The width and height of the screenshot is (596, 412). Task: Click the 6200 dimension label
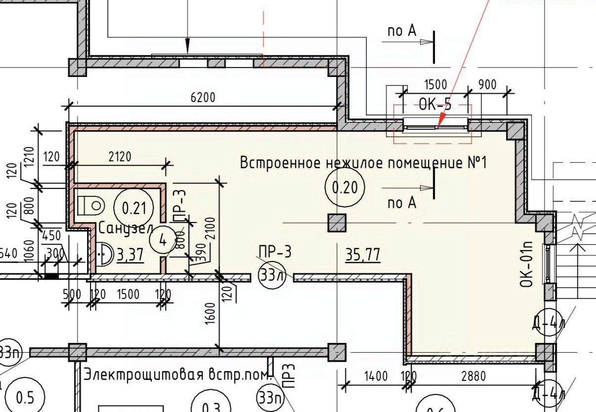(203, 98)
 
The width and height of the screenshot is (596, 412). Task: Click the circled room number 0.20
(345, 187)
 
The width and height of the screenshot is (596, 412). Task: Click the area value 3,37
(129, 255)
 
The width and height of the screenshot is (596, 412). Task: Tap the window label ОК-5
(435, 105)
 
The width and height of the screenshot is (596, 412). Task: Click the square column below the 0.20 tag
(338, 223)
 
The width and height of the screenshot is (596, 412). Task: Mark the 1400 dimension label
(376, 377)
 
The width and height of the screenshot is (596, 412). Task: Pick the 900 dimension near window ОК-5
(488, 85)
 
